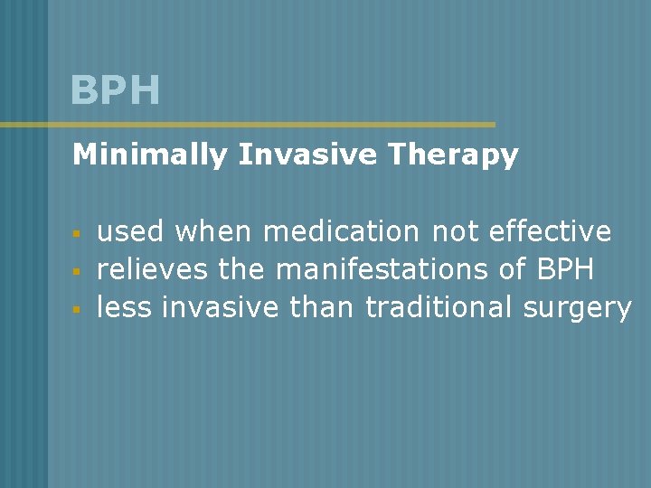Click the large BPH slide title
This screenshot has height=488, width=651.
pos(116,90)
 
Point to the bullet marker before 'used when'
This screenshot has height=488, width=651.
pos(78,234)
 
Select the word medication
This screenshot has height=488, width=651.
pos(341,232)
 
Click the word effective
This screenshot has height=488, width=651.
pos(550,232)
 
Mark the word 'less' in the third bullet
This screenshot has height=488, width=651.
pos(124,308)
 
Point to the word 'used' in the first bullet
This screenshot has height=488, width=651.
pos(130,232)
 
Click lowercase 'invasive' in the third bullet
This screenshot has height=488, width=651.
pos(221,308)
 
